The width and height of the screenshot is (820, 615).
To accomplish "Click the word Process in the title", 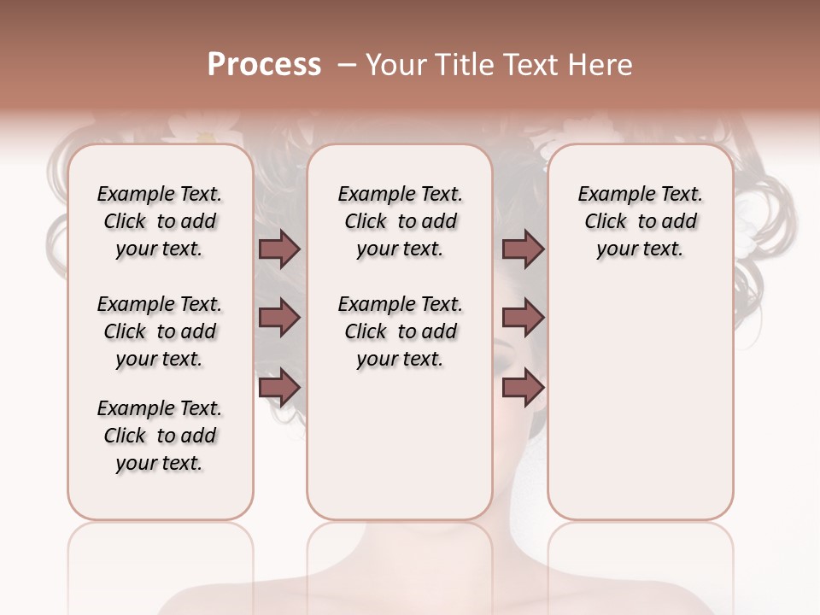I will click(x=264, y=65).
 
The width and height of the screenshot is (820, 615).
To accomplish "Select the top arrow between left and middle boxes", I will click(x=278, y=249).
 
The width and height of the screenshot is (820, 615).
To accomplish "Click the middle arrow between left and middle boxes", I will click(x=278, y=319).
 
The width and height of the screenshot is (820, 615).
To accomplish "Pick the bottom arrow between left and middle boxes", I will click(x=278, y=388).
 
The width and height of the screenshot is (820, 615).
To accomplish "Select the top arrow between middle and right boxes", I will click(x=523, y=249).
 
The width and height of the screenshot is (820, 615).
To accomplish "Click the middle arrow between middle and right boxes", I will click(x=523, y=319).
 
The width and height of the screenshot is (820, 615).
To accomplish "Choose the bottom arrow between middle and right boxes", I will click(x=523, y=388).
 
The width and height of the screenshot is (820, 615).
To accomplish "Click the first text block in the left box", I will click(x=160, y=221).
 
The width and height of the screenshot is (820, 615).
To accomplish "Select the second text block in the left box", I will click(x=160, y=331).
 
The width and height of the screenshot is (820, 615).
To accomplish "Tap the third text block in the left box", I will click(x=160, y=436).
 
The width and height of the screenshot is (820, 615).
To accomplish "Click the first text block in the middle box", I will click(x=400, y=221).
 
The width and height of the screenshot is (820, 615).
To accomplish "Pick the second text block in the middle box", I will click(x=400, y=331).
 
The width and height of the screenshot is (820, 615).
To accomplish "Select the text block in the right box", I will click(x=640, y=221).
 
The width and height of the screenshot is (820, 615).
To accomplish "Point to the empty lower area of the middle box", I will click(x=400, y=444).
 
